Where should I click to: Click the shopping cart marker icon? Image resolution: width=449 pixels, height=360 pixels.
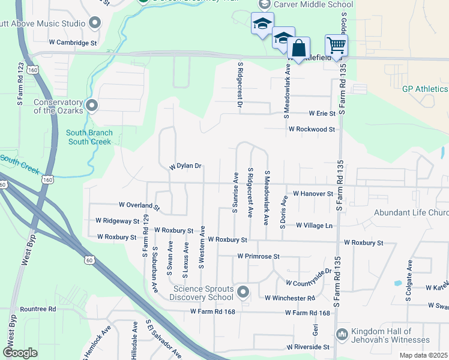point(336,44)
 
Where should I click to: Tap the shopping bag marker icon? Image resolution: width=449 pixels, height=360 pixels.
point(299,47)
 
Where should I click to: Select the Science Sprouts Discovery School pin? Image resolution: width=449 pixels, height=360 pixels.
point(243,292)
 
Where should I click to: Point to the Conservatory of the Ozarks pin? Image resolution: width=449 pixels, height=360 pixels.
point(92,106)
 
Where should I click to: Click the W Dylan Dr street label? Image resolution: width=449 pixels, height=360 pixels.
point(185,166)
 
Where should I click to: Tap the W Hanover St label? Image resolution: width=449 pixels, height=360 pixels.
point(313,194)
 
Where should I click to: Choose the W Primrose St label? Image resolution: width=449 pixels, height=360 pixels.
point(259,256)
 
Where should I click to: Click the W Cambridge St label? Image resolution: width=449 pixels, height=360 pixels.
point(73,43)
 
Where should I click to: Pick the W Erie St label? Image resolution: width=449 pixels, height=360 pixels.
point(322,113)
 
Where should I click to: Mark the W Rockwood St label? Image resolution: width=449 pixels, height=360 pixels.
point(312,129)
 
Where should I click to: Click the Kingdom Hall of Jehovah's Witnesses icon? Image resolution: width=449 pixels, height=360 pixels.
point(342,334)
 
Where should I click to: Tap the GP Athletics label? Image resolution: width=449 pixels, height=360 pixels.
point(425,89)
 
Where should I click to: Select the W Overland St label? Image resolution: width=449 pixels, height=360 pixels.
point(139,206)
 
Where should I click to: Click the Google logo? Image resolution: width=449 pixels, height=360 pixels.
point(20,353)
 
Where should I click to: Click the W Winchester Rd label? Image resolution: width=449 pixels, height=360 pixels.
point(290,298)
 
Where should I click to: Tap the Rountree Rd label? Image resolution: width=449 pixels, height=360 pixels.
point(38,309)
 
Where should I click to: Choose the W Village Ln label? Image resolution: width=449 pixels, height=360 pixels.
point(314,226)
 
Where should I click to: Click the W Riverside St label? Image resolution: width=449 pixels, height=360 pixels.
point(308,347)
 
